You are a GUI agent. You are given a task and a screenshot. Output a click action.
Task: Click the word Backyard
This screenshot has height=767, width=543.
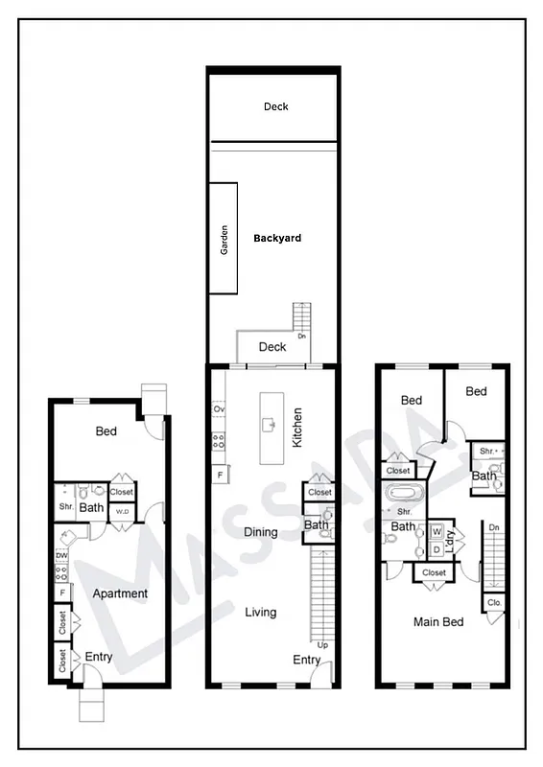tap(276, 238)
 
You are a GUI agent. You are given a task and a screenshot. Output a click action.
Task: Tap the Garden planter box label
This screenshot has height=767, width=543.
tap(224, 237)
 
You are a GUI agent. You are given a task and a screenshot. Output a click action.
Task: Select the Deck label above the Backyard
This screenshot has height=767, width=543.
tap(275, 106)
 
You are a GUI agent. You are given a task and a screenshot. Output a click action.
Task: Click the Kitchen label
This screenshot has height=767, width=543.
tap(297, 429)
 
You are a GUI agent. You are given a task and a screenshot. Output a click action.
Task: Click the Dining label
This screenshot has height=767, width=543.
tap(260, 532)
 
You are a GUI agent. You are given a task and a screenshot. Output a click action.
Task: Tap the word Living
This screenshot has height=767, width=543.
tap(260, 612)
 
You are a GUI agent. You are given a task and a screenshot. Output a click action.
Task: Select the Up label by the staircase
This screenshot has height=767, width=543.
tap(322, 645)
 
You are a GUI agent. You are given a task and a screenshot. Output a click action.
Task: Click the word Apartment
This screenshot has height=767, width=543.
tap(120, 593)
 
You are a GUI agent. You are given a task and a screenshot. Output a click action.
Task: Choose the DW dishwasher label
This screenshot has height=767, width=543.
tap(61, 555)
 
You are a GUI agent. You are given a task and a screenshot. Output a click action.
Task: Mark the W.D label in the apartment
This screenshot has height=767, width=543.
tap(122, 511)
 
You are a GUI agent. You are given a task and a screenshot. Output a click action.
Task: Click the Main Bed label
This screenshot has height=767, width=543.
tap(438, 622)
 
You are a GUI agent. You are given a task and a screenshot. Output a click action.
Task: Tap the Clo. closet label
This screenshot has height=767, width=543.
tap(494, 603)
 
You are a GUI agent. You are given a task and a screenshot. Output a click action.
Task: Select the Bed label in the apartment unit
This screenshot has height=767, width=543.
tap(106, 431)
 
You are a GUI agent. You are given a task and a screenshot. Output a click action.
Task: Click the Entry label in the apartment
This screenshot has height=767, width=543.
tap(98, 657)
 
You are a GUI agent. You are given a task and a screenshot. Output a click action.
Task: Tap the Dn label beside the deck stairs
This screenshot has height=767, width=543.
tap(302, 337)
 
